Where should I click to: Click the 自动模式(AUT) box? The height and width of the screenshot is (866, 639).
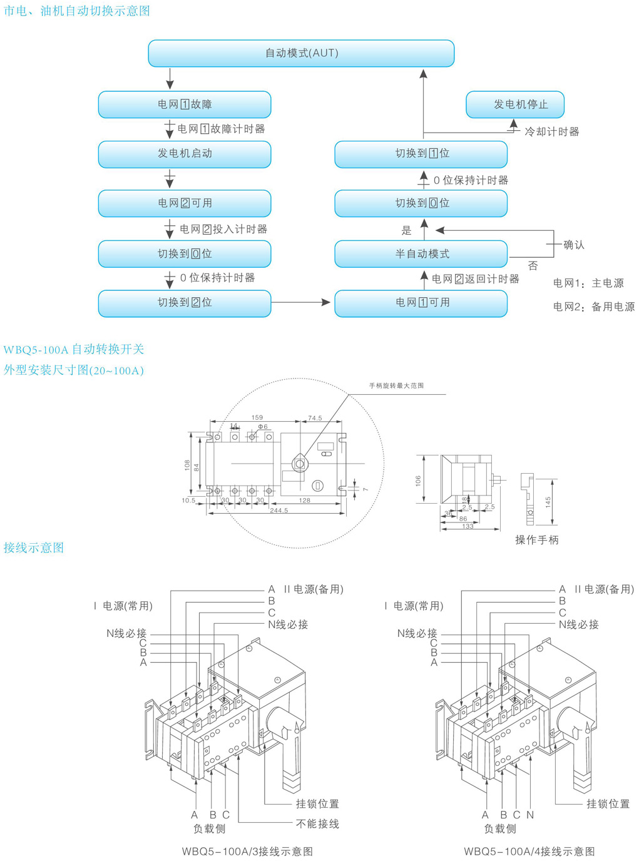(x=301, y=53)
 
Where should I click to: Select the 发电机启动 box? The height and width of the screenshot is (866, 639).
(x=185, y=154)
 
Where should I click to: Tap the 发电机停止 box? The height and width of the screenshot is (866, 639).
(x=514, y=104)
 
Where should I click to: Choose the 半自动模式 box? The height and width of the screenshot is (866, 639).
(x=421, y=254)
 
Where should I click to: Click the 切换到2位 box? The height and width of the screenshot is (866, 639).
(x=185, y=303)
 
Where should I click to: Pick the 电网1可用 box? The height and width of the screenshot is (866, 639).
(x=421, y=303)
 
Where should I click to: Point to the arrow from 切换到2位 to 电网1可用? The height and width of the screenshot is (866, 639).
(x=300, y=303)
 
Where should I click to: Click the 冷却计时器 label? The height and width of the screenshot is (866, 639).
(x=552, y=131)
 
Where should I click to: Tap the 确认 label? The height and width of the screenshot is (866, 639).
(x=573, y=245)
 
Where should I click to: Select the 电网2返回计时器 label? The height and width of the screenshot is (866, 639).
(x=476, y=279)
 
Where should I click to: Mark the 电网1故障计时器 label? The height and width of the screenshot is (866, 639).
(x=221, y=129)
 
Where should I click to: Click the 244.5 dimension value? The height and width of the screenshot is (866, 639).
(x=279, y=511)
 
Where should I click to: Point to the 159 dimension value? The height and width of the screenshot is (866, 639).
(x=257, y=417)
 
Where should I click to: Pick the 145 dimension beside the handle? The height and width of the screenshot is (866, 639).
(x=548, y=502)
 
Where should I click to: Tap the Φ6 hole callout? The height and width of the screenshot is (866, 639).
(x=263, y=427)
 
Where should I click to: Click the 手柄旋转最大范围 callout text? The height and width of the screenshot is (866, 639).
(x=396, y=385)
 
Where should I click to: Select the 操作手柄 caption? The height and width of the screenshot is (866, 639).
(x=536, y=540)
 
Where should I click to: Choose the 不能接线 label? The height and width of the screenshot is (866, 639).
(x=317, y=824)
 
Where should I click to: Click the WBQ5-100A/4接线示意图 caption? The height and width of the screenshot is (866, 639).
(x=529, y=852)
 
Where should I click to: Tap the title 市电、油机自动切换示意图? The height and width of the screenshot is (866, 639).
(x=77, y=11)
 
